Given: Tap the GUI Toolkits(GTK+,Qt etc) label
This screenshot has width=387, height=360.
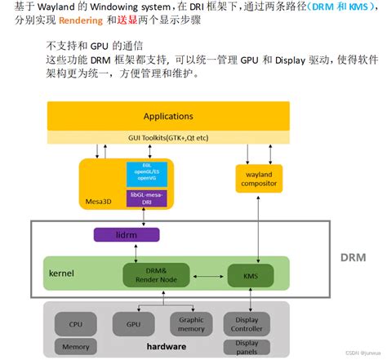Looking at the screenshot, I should (x=168, y=136).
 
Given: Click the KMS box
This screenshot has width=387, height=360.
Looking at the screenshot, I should (x=250, y=276).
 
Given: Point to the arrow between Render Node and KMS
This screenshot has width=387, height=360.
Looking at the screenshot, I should (x=204, y=276).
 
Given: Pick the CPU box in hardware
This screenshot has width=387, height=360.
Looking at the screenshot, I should (x=77, y=324).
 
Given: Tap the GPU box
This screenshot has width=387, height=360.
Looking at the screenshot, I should (x=135, y=324).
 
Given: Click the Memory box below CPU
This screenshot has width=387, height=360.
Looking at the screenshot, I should (x=77, y=347).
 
